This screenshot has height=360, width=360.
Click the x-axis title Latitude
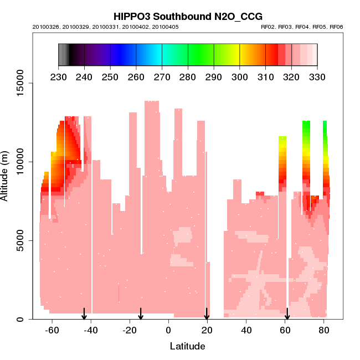[x=187, y=346]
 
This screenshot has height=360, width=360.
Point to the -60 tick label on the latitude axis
[x=52, y=330]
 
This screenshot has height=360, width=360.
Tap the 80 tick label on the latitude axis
[x=323, y=330]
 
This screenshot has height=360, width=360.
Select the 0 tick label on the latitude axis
[x=168, y=330]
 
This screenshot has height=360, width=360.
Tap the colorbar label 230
[x=58, y=77]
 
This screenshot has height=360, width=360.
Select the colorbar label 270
[x=162, y=77]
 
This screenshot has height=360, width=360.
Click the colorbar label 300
[x=240, y=77]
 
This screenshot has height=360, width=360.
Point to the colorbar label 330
[x=317, y=77]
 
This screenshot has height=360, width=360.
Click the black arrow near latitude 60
[x=287, y=314]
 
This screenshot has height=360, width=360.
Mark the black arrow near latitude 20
[x=207, y=314]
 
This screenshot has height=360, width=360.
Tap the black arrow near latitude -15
[x=141, y=314]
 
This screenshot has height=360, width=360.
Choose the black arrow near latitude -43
[x=84, y=314]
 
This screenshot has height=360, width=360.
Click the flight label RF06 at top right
[x=336, y=27]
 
